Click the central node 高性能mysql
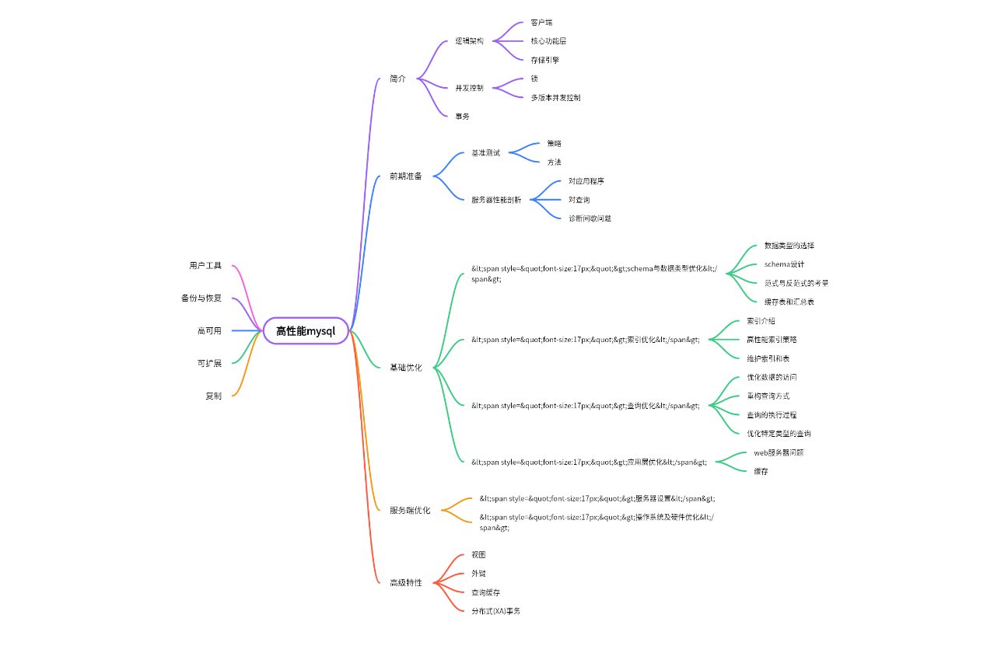click(x=306, y=330)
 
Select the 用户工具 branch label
click(x=205, y=266)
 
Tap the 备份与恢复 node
click(x=201, y=299)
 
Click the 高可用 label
click(x=209, y=331)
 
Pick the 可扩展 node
click(x=209, y=363)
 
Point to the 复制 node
click(x=213, y=396)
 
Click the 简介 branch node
click(x=397, y=79)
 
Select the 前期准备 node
click(x=405, y=176)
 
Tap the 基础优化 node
click(x=405, y=368)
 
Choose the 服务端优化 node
click(x=409, y=511)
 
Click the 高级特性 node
click(x=405, y=582)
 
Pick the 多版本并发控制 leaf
click(x=555, y=98)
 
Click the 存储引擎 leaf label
click(x=544, y=60)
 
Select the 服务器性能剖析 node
click(x=496, y=200)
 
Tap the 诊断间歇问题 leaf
click(x=590, y=218)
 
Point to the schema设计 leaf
click(x=784, y=264)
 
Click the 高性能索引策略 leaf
click(x=772, y=340)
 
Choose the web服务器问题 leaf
click(x=779, y=452)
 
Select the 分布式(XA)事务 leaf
click(x=495, y=611)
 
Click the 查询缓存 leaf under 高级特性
click(x=485, y=592)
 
